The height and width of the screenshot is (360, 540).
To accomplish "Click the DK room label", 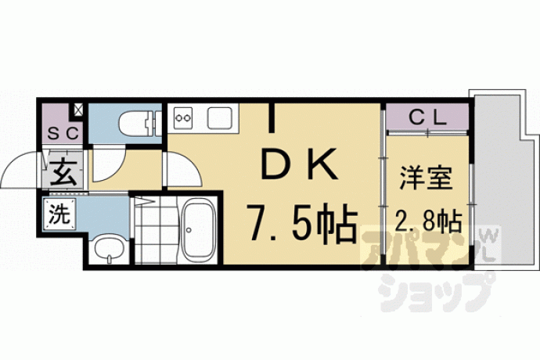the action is point(298,164).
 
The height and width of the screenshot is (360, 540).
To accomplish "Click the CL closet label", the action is point(428,118).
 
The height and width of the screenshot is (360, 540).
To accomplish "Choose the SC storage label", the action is point(63,134).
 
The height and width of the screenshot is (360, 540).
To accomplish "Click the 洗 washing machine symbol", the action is point(59,214).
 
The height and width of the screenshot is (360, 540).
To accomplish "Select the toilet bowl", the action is point(137,122).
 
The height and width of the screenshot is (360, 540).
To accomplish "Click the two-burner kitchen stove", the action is point(183,118).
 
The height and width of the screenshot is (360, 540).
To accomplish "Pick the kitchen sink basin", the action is point(219,118).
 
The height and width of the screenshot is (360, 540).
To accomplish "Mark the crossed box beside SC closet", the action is point(78,110).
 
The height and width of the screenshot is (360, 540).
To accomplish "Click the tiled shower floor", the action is point(156,230).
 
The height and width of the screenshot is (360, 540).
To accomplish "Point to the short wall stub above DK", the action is point(272,117).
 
